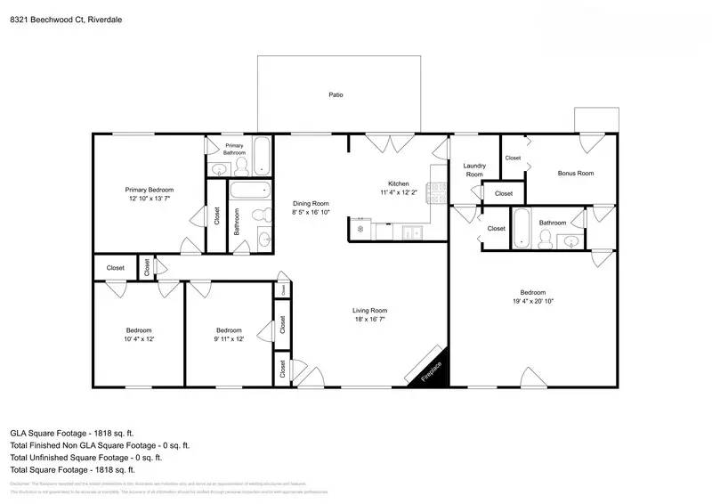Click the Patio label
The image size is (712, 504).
coord(336,94)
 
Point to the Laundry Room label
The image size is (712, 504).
coord(474,170)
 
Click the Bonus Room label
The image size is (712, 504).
coord(575,173)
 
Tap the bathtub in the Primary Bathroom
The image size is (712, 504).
coord(263,156)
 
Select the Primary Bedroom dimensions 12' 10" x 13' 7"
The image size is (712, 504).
coord(149,199)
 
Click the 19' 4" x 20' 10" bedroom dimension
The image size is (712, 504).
coord(533,302)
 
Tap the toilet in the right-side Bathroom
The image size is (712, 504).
coord(547,239)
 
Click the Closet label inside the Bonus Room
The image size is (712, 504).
coord(513,158)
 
